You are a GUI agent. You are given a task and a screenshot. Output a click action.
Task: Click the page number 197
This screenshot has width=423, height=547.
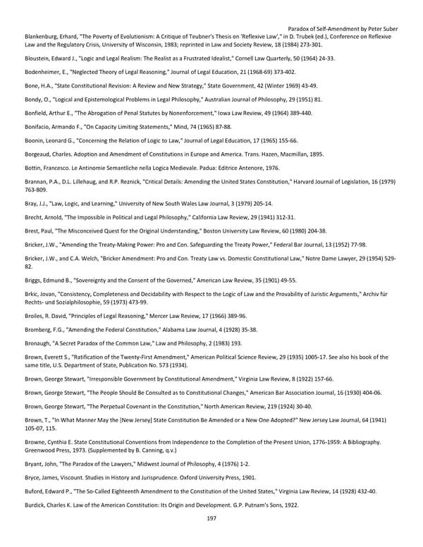tap(211, 518)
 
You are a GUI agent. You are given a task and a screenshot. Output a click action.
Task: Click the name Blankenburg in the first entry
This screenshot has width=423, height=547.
tap(44, 36)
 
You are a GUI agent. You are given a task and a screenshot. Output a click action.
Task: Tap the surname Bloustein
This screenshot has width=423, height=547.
tap(40, 59)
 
